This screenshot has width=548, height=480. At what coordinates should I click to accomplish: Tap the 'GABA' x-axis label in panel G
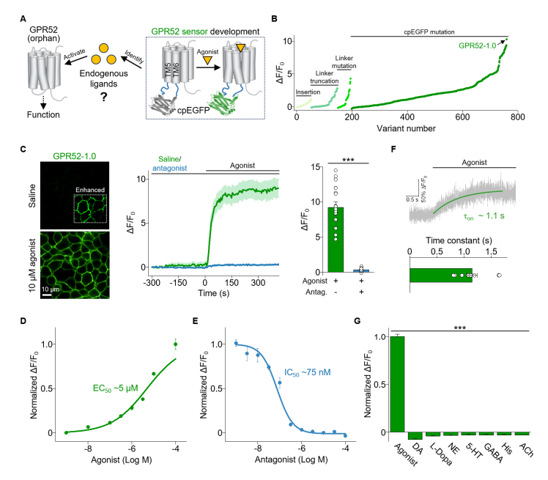[475, 453]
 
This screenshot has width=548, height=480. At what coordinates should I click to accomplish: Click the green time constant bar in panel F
[440, 275]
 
